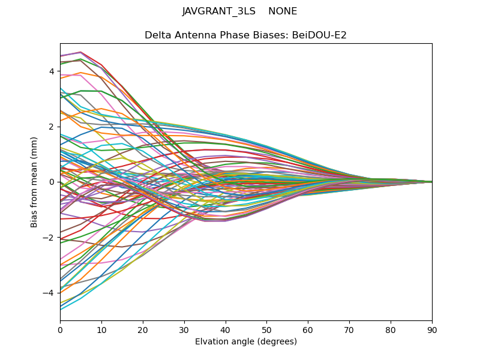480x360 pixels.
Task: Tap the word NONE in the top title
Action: coord(283,11)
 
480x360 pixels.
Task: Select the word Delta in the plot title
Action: coord(158,35)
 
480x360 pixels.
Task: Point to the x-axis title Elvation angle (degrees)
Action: coord(246,342)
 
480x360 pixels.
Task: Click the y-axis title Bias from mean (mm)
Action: coord(35,182)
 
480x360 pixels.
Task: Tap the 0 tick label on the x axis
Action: coord(60,329)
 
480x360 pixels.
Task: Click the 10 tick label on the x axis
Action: coord(101,329)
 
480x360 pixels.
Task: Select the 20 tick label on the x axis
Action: coord(143,329)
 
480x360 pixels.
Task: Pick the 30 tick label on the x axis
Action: coord(184,329)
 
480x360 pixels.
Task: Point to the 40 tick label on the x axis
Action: coord(226,329)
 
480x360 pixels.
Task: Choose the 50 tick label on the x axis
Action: coord(266,329)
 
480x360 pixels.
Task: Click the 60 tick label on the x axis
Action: coord(308,329)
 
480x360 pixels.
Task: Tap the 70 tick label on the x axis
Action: coord(349,329)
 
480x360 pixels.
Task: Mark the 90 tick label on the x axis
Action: coord(432,329)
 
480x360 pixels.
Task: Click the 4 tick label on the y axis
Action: coord(52,71)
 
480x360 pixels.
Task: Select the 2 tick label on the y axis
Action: coord(52,127)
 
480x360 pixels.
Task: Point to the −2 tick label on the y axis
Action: coord(49,238)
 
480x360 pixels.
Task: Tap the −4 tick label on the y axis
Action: coord(49,293)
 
